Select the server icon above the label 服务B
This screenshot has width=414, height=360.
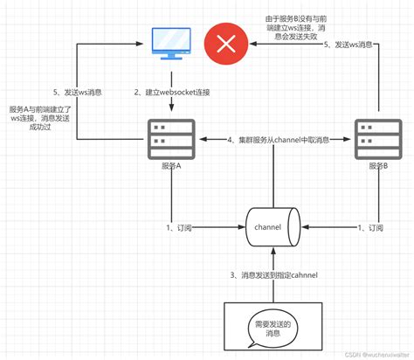point(377,137)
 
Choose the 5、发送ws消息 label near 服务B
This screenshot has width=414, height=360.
point(353,44)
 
